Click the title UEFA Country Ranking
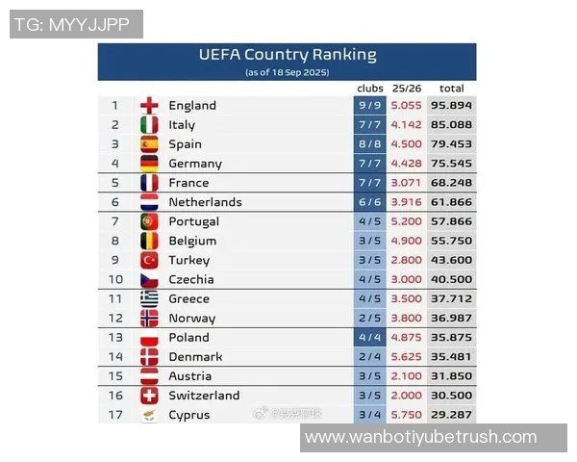pos(288,55)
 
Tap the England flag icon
pos(149,106)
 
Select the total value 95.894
pos(451,106)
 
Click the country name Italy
pos(182,125)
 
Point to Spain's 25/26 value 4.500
pos(407,144)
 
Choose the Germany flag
pos(149,164)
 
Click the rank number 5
pos(115,183)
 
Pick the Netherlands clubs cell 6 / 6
pos(369,202)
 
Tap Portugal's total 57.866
pos(451,221)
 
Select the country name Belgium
pos(192,241)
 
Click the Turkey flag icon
pos(149,260)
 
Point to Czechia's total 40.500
pos(451,279)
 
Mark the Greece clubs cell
pos(369,298)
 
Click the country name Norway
pos(191,319)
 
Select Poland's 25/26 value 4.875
pos(407,338)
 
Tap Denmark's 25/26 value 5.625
pos(407,357)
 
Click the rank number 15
pos(115,376)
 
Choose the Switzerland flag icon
pos(149,396)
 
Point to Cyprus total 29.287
pos(451,415)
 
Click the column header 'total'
pos(451,89)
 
